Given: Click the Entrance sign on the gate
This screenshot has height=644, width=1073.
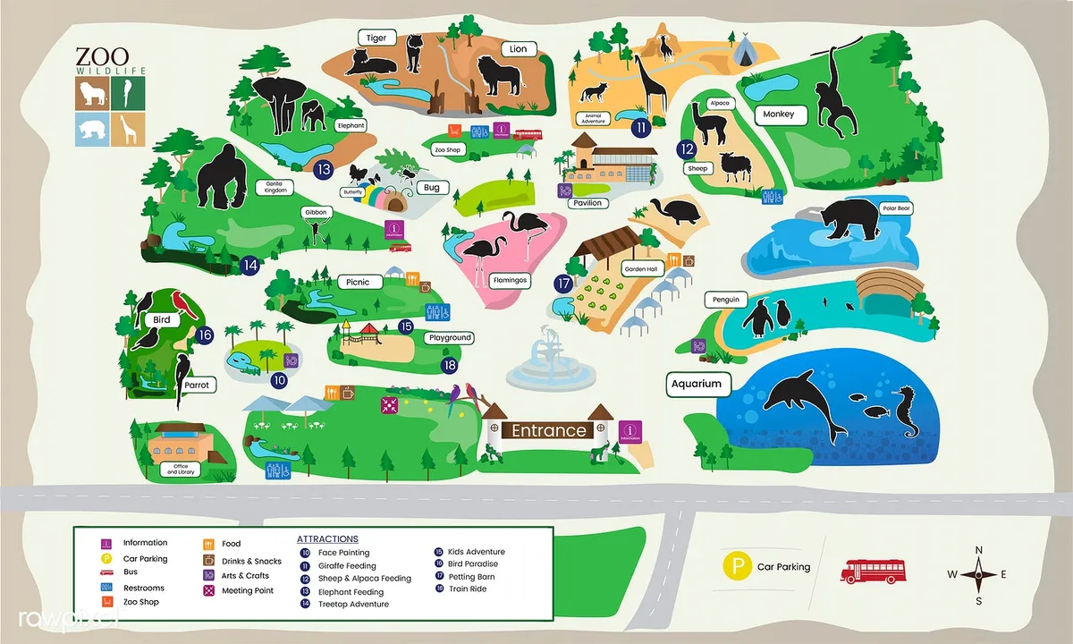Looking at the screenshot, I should click(x=548, y=430).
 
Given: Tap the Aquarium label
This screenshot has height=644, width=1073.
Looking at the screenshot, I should click(x=697, y=384).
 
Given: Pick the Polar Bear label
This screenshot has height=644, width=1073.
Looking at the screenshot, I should click(x=895, y=208).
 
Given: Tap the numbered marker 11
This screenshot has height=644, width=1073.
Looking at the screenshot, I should click(x=641, y=128).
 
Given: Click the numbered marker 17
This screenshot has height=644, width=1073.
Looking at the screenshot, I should click(x=562, y=284).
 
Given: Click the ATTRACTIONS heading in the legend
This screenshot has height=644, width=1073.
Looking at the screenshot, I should click(x=327, y=539).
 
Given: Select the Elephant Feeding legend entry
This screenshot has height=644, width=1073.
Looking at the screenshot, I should click(x=351, y=591).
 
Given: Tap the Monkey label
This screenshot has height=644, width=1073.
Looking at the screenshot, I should click(x=779, y=114).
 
